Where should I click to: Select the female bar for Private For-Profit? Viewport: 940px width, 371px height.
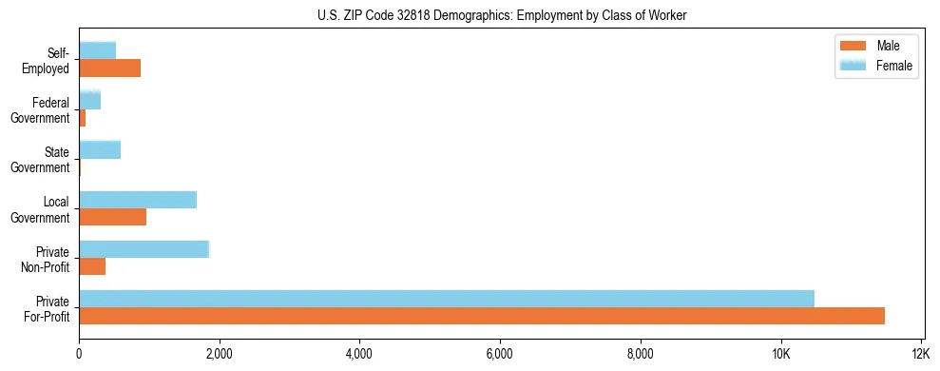[447, 298]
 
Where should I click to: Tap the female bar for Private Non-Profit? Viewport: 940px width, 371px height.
[144, 248]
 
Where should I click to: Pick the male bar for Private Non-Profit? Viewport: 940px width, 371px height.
[92, 266]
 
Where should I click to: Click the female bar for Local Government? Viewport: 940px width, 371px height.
[138, 199]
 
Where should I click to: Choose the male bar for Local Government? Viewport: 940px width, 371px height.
[112, 217]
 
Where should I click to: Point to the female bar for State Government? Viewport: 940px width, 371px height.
[100, 149]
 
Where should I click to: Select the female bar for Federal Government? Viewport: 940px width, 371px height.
[89, 100]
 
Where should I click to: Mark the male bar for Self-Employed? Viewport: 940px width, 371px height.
[109, 68]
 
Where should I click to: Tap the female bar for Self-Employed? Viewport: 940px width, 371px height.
[97, 50]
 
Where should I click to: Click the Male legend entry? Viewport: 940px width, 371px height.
[875, 46]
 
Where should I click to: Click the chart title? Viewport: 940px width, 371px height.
[502, 15]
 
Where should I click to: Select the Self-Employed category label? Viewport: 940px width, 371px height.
[48, 61]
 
